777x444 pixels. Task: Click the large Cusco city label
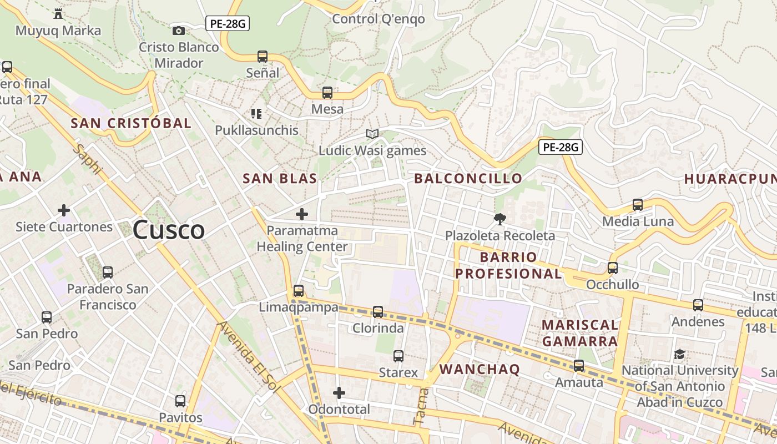[x=168, y=230]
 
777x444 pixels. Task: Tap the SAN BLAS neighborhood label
[x=280, y=178]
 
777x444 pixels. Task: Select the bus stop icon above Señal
[x=263, y=57]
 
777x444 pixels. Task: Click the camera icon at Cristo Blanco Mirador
[x=179, y=31]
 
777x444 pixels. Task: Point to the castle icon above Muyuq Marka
[x=58, y=13]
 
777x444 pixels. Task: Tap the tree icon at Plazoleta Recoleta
[x=500, y=219]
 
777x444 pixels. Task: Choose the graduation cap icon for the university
[x=679, y=354]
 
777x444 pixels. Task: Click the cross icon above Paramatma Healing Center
[x=302, y=214]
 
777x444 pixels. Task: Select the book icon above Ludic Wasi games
[x=372, y=134]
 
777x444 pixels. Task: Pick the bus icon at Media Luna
[x=638, y=205]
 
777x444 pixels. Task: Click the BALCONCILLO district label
[x=468, y=178]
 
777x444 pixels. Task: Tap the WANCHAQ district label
[x=480, y=369]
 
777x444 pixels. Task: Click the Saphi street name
[x=89, y=159]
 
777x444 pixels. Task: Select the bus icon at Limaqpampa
[x=299, y=290]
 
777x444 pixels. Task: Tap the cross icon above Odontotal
[x=339, y=393]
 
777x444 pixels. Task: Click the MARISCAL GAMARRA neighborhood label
[x=579, y=333]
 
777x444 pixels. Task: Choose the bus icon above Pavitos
[x=180, y=401]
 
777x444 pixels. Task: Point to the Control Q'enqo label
[x=378, y=19]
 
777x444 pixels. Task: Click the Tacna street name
[x=421, y=406]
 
